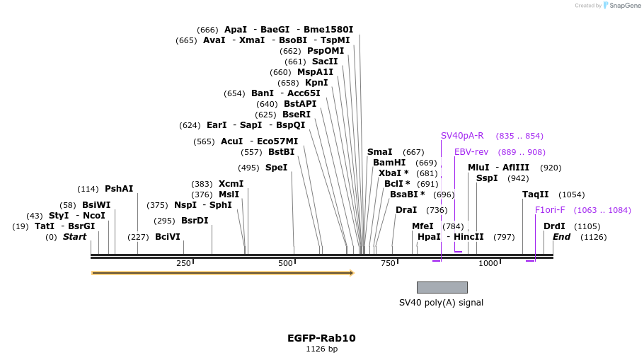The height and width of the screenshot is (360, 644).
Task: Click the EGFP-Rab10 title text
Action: tap(321, 338)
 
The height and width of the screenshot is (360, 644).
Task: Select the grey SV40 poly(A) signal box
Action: tap(442, 287)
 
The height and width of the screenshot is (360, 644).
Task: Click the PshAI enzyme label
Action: tap(119, 189)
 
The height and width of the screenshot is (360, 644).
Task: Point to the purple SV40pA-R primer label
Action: tap(462, 136)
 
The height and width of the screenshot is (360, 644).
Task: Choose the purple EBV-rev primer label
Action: tap(471, 152)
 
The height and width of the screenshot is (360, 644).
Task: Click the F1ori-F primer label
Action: tap(550, 210)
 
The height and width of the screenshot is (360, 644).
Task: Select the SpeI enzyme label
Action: tap(276, 168)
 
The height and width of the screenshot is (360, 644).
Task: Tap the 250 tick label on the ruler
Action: tap(183, 263)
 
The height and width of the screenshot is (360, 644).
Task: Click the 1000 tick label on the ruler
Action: tap(488, 263)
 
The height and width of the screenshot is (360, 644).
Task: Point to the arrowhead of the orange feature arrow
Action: tap(351, 272)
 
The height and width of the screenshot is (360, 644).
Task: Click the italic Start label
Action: tap(74, 237)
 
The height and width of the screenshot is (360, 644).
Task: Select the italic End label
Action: tap(561, 237)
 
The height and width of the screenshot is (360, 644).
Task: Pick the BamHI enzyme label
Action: tap(389, 163)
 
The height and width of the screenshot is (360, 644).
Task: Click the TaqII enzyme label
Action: tap(535, 194)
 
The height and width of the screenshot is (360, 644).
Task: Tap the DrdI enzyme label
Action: tap(554, 226)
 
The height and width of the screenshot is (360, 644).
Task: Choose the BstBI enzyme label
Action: tap(281, 152)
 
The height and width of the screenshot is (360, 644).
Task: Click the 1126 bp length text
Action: tap(321, 349)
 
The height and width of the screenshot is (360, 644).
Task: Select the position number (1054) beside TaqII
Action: tap(572, 194)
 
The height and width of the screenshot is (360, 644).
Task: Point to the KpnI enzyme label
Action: tap(316, 83)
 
